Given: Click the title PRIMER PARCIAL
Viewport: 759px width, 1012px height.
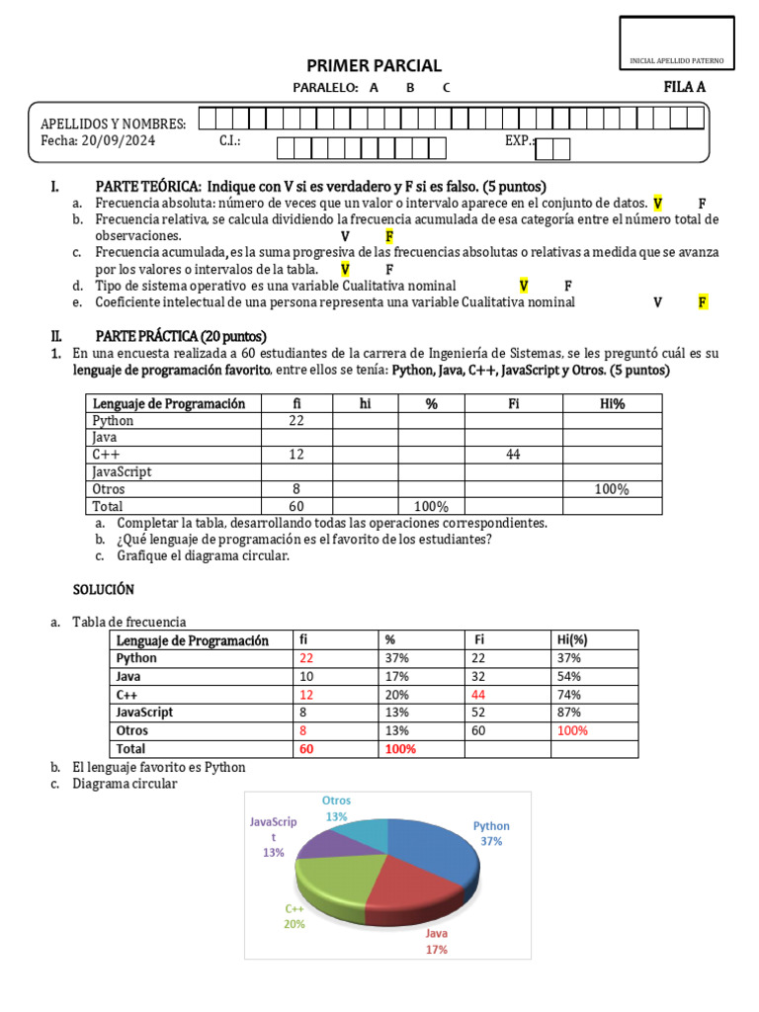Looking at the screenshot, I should pos(374,65).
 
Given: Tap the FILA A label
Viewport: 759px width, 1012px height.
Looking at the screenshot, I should pos(684,87).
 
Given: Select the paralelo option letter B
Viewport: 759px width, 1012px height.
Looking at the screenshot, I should pos(410,87).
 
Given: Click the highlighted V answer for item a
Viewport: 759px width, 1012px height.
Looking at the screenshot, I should pos(658,203).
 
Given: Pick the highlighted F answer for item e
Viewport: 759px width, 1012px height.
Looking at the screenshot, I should pos(703,302).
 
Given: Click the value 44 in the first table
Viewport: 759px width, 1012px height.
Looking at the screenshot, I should pos(513,455).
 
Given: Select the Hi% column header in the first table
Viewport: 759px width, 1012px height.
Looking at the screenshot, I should pos(613,403).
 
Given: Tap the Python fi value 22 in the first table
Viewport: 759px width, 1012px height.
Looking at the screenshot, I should pos(296,421).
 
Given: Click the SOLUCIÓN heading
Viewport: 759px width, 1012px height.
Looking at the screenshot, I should pos(104,589).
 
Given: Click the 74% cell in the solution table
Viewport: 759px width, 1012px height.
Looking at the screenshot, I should pos(569,694).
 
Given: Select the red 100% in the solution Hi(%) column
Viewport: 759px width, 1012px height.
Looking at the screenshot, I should pos(572,730).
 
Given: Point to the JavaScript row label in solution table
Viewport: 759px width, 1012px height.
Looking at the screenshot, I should pos(144,712).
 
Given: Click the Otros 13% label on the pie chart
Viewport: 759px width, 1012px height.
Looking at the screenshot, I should pos(337,808).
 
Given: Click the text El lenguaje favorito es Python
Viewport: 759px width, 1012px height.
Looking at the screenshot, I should pos(158,767).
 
